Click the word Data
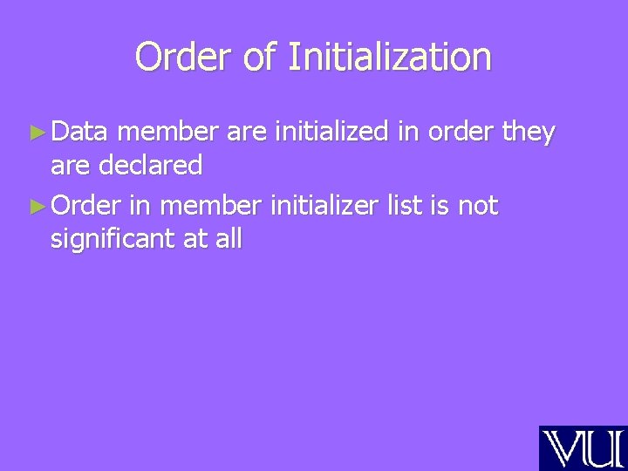point(79,132)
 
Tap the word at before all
point(195,237)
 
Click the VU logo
point(583,448)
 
